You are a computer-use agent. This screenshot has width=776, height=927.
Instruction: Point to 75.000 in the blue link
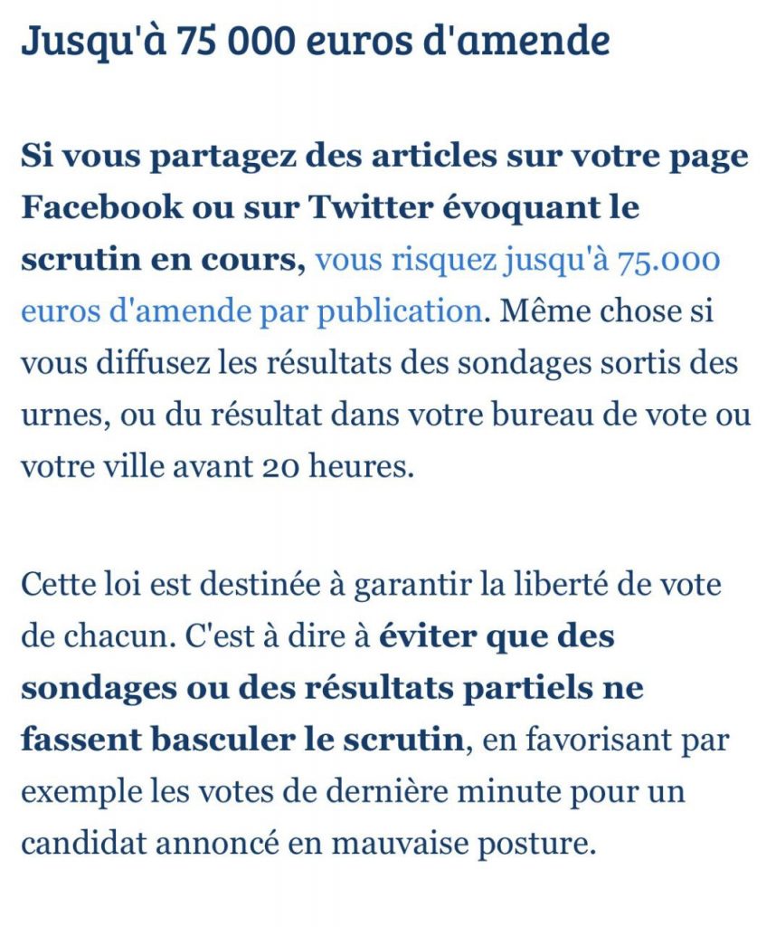[669, 261]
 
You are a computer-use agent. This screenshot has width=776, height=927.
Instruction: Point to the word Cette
[57, 584]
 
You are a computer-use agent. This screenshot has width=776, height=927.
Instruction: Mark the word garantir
[419, 584]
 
